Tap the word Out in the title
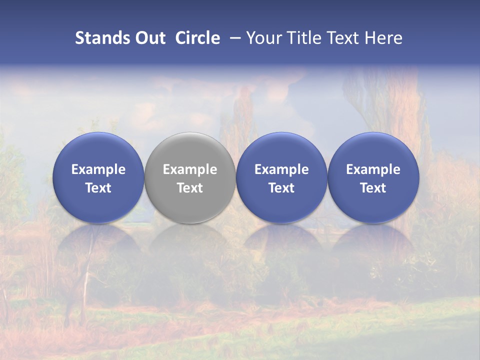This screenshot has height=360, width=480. click(148, 38)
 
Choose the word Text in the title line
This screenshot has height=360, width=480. click(342, 38)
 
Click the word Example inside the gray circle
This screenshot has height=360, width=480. click(190, 169)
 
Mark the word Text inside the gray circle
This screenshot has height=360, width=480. click(190, 188)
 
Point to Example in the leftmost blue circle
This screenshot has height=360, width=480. click(98, 169)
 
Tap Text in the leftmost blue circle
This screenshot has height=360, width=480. click(98, 188)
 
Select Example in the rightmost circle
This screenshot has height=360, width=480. click(373, 169)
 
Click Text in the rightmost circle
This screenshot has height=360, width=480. click(373, 188)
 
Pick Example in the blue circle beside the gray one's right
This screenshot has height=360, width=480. click(281, 169)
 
